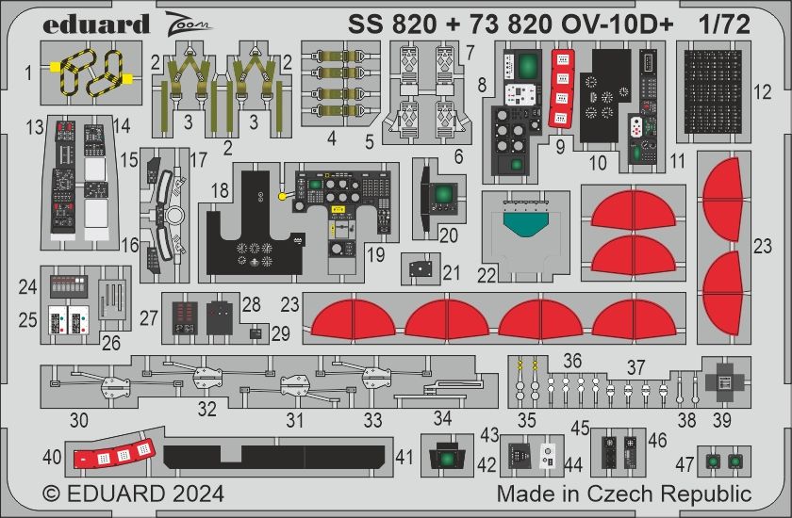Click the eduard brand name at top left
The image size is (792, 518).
[x=95, y=25]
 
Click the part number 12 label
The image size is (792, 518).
[x=763, y=92]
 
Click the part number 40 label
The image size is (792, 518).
[x=53, y=458]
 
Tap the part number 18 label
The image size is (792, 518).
[x=220, y=189]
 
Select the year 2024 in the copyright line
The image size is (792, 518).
[x=192, y=494]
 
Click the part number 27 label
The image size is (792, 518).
[x=149, y=318]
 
